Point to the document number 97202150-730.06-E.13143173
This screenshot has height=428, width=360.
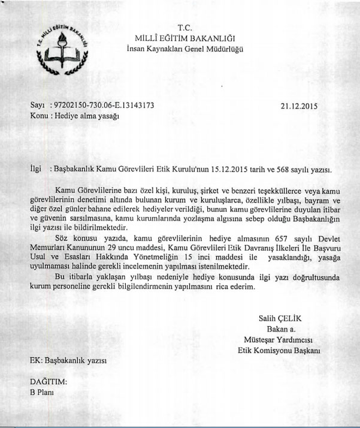[105, 105]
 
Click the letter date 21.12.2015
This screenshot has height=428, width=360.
[298, 106]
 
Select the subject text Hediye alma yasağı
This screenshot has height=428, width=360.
[83, 116]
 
